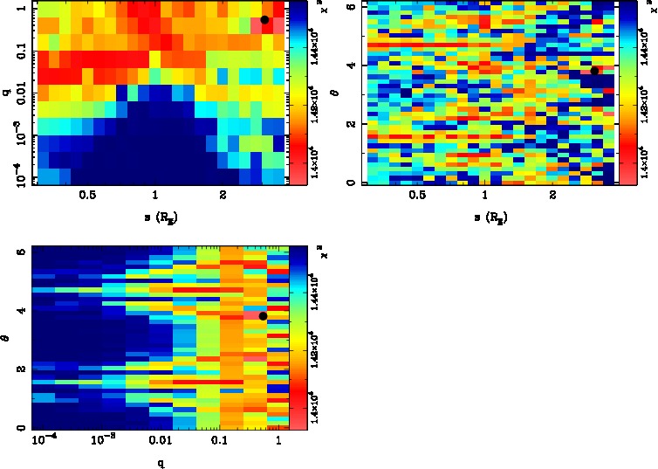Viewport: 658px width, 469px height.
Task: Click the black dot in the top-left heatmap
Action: click(264, 19)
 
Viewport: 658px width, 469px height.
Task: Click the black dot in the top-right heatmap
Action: click(594, 71)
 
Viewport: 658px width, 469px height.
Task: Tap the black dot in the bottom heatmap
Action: click(263, 315)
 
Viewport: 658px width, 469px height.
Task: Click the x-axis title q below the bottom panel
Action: click(161, 463)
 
